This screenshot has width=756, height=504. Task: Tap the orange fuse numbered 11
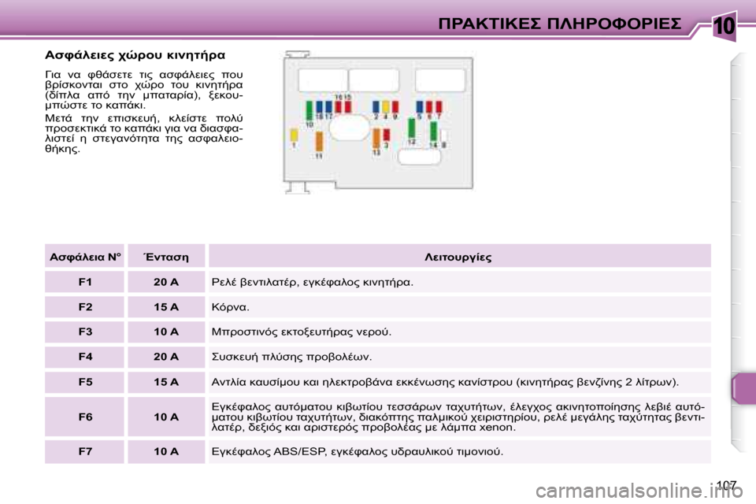319,140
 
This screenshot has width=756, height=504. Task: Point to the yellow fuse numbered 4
385,107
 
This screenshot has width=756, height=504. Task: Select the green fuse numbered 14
433,131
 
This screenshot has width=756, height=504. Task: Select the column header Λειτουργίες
458,258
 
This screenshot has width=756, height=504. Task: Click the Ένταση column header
166,258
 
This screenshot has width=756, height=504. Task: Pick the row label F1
85,282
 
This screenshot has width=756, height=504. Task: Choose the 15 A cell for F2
166,307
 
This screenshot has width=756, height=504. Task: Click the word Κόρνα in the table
231,307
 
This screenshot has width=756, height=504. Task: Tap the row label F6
85,416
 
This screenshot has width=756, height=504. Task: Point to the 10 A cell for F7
166,451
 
